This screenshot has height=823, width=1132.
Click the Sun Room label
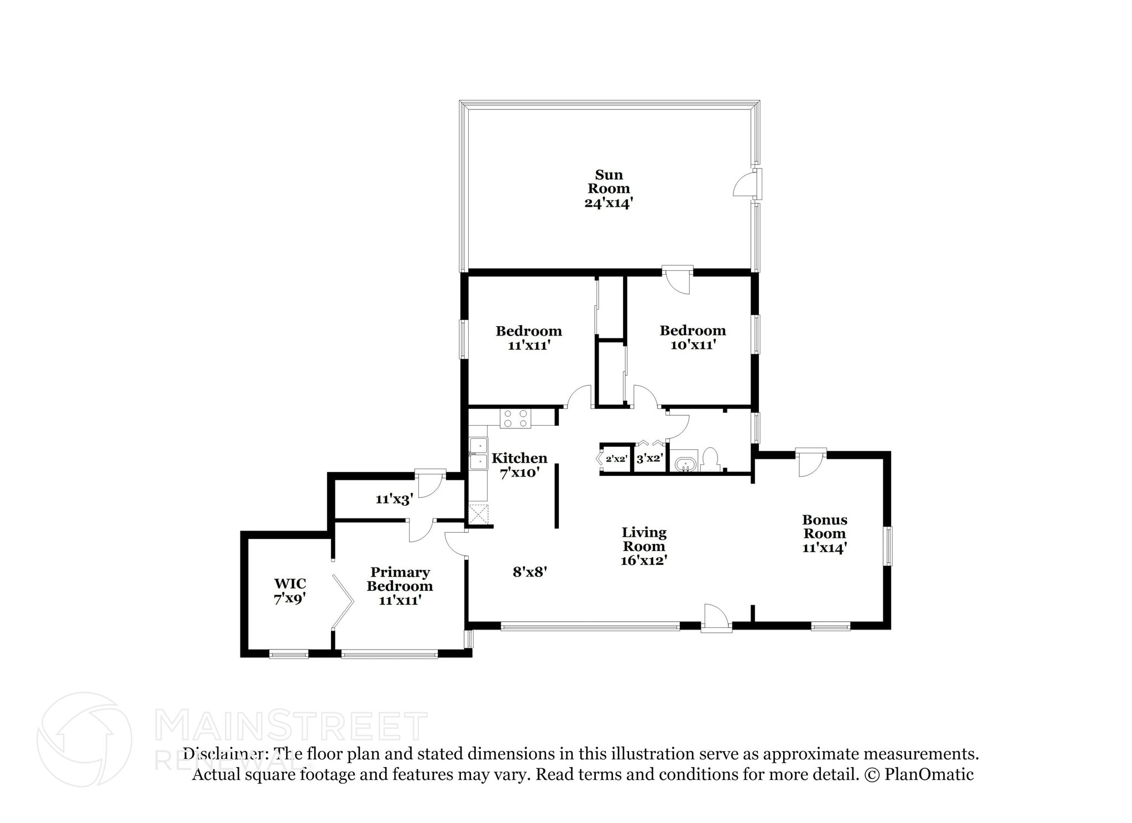(x=609, y=182)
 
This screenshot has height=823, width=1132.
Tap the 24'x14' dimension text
(x=608, y=203)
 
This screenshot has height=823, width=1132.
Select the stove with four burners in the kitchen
(x=515, y=418)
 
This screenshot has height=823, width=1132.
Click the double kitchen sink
(x=479, y=453)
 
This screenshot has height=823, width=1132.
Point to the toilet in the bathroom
(x=709, y=459)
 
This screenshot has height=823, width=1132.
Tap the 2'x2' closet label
(x=616, y=459)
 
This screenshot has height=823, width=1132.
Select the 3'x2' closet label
(x=650, y=459)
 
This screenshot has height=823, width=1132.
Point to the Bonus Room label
(x=824, y=527)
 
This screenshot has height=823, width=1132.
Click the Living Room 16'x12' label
(x=644, y=546)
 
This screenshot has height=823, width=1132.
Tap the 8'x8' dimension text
(x=530, y=572)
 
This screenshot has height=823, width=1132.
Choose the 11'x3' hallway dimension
(x=394, y=500)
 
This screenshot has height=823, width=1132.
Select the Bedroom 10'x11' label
(x=693, y=337)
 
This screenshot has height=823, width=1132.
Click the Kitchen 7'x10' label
(x=519, y=465)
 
